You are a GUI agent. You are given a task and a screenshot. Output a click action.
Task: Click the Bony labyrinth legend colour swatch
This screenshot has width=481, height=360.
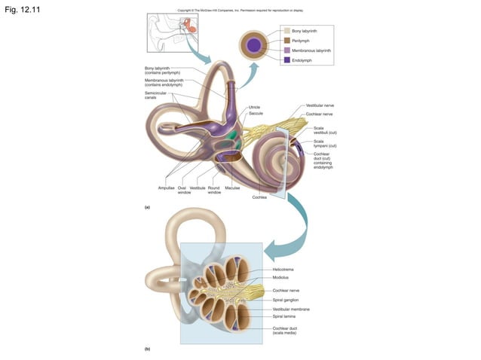coord(286,31)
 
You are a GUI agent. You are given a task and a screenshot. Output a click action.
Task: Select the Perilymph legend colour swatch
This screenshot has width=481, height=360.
coord(286,40)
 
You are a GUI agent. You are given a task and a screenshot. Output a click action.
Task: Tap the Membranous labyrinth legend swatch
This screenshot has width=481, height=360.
coord(286,50)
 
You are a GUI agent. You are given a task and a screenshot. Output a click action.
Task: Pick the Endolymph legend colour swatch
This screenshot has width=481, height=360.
coord(286,59)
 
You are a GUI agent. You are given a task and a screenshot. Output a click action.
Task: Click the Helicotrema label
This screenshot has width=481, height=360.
coord(283,269)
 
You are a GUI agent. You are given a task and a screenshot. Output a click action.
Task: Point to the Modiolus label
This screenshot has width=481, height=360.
coord(280,277)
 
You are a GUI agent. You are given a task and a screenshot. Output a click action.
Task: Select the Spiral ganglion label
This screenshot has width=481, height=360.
coord(284,300)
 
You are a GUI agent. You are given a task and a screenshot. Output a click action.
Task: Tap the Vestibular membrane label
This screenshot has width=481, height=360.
coord(290,309)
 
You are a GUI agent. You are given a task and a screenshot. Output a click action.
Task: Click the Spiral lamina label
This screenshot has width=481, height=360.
coord(283,317)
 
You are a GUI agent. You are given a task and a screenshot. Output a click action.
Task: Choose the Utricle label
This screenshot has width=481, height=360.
coord(255,107)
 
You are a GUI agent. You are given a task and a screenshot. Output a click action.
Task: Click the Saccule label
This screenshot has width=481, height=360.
coord(256,114)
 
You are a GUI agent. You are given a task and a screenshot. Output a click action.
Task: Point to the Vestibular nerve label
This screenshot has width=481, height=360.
coord(320,106)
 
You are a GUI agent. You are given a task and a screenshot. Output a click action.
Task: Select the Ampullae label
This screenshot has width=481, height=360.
coord(166,188)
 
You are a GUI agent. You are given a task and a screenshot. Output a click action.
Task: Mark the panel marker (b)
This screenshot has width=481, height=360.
coord(148,349)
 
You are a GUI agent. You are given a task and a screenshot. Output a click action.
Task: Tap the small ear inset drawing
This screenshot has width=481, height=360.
coord(174,32)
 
